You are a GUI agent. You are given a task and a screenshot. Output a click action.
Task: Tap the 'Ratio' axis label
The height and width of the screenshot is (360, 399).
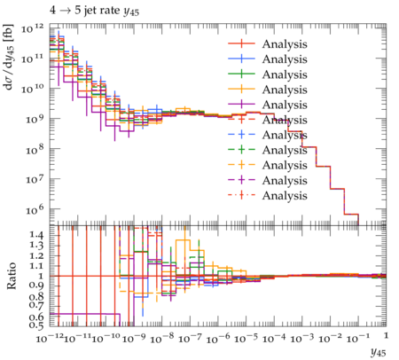click(x=11, y=276)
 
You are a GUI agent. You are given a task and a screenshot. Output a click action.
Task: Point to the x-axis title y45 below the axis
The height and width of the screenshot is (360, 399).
click(x=379, y=352)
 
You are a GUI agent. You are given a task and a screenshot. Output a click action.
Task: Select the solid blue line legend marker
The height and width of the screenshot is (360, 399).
click(x=241, y=59)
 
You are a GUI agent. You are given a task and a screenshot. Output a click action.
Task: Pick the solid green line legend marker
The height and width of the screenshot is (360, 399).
click(x=241, y=74)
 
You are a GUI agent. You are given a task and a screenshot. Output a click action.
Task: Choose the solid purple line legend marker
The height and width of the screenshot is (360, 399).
click(x=241, y=105)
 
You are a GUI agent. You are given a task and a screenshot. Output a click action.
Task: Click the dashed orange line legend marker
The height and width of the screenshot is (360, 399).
click(x=241, y=165)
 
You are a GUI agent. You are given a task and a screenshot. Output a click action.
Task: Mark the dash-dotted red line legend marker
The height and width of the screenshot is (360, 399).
click(x=241, y=195)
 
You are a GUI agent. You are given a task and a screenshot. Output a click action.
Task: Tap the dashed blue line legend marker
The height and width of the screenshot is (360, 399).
click(x=241, y=135)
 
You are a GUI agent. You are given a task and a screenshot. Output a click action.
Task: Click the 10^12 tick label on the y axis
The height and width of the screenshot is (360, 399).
click(x=33, y=29)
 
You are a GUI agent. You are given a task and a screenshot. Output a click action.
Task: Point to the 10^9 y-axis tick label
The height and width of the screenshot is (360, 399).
click(x=34, y=119)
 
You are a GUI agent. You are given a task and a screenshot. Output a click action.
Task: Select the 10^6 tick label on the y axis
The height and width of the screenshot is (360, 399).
click(x=34, y=209)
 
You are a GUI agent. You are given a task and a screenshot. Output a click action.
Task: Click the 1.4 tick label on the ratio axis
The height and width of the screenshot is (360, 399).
click(x=36, y=235)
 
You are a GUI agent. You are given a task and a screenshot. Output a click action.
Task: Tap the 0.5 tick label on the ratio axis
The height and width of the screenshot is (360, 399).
click(x=36, y=325)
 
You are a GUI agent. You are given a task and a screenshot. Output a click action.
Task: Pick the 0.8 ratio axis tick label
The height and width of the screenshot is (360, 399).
click(x=36, y=295)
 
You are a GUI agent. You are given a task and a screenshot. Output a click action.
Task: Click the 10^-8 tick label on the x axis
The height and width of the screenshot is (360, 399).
click(x=160, y=338)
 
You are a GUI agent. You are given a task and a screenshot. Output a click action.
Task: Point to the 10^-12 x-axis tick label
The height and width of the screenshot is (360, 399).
click(x=49, y=338)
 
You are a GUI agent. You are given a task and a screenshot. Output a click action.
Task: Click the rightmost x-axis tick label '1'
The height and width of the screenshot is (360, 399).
click(x=386, y=336)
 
